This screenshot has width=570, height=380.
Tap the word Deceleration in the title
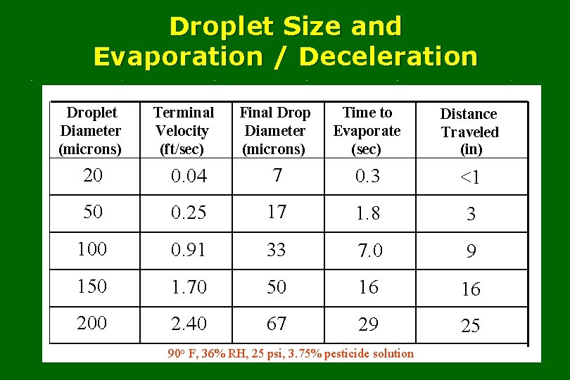[388, 56]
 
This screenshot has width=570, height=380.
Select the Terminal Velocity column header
[183, 131]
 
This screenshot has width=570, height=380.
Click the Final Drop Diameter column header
[274, 131]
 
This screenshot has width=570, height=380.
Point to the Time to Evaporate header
[367, 131]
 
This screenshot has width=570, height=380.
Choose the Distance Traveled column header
[469, 132]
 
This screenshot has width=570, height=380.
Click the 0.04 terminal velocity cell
[189, 177]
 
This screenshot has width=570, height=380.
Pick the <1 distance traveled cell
[470, 177]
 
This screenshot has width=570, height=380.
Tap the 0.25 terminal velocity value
[189, 213]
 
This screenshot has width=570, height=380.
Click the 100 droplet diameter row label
[92, 249]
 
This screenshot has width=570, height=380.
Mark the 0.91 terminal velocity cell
[189, 251]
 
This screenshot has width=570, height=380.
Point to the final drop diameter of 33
[276, 249]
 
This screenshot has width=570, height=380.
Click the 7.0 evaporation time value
[369, 251]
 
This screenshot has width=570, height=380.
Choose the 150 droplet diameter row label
[92, 286]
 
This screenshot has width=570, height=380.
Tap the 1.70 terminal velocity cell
[189, 287]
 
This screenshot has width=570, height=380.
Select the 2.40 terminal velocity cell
[189, 324]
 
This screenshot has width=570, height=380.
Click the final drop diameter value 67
[276, 324]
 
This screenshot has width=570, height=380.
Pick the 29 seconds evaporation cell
[368, 324]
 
